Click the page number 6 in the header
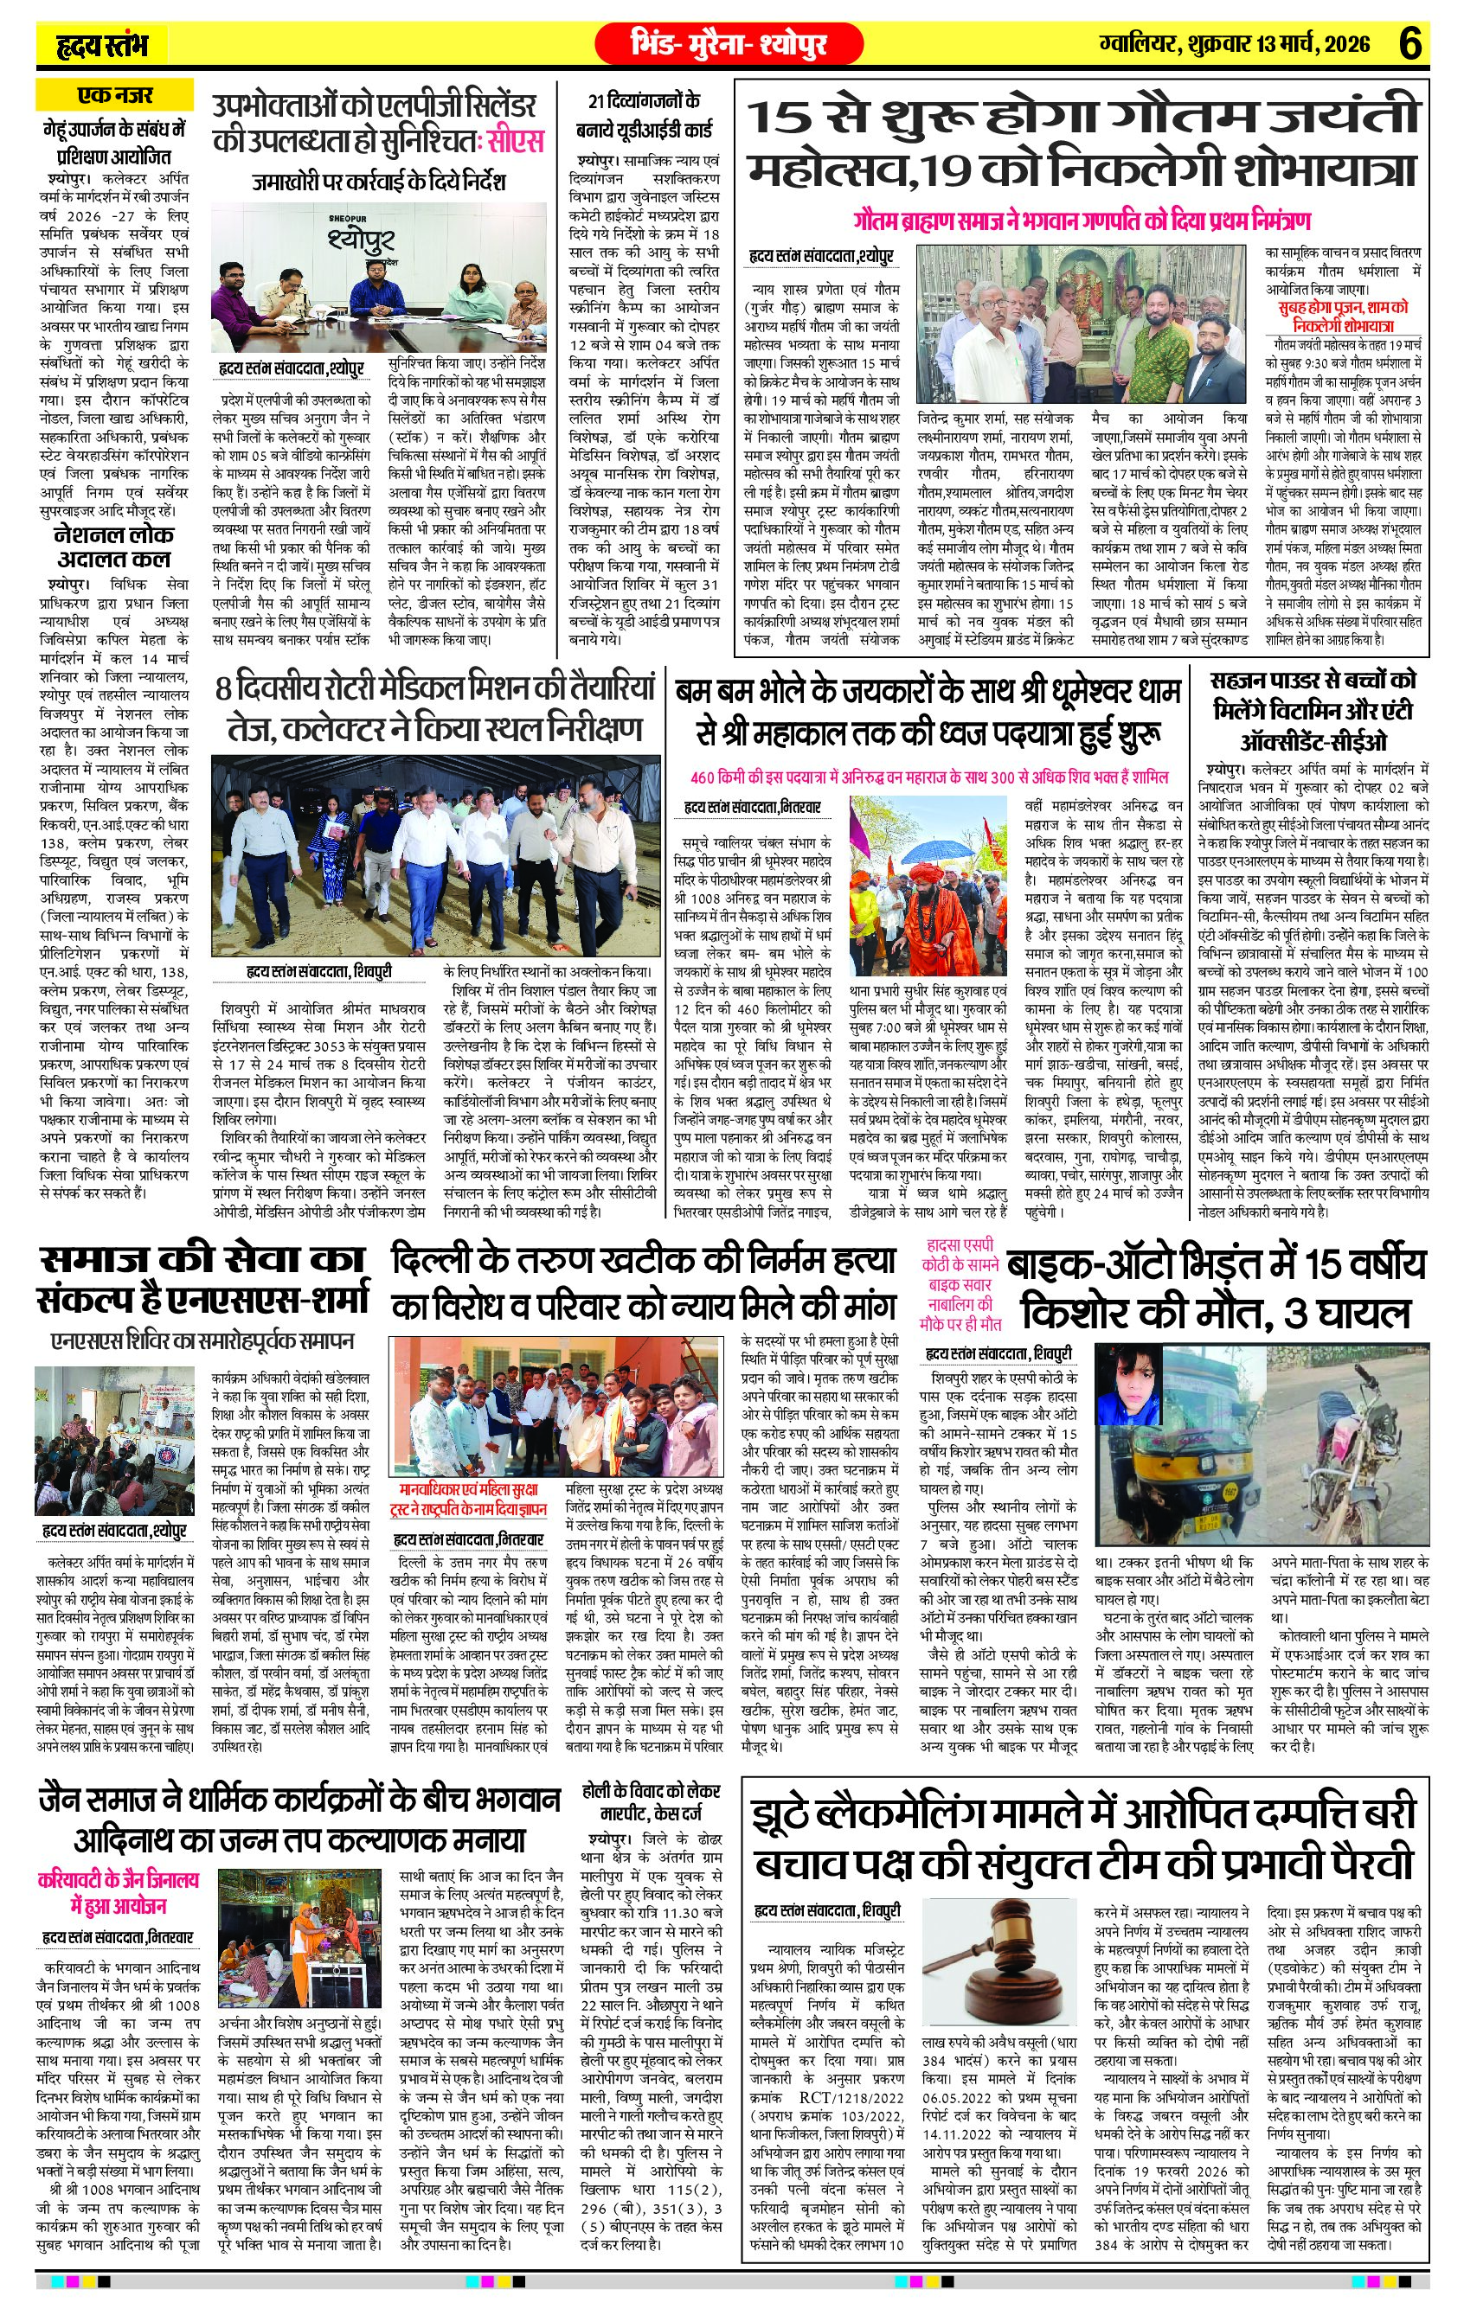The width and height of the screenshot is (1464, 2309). tap(1409, 43)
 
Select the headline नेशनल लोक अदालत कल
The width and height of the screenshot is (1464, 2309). tap(113, 547)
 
